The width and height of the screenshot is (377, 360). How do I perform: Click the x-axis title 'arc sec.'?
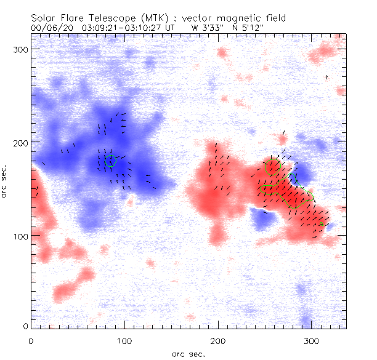point(188,353)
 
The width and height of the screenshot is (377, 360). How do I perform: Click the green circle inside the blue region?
point(111,161)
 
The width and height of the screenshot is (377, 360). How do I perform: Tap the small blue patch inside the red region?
point(264,218)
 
